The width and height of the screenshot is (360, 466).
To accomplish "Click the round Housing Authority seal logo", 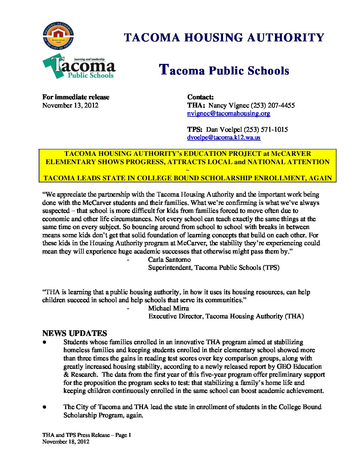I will (58, 36).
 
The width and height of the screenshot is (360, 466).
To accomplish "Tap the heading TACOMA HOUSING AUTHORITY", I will (224, 37).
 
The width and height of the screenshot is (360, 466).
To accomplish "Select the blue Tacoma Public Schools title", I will (224, 70).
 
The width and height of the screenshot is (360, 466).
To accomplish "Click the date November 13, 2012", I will (70, 105).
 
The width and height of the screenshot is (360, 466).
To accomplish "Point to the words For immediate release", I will (75, 97).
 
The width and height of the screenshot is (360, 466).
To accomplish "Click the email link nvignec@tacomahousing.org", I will (229, 114).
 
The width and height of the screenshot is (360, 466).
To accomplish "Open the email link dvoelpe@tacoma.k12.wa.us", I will (224, 137).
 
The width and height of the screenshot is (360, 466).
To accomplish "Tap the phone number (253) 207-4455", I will (273, 105).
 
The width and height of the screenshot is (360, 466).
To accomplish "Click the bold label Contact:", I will (201, 97).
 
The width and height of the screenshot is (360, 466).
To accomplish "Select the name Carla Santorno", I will (169, 259).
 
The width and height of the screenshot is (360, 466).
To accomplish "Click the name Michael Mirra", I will (169, 308).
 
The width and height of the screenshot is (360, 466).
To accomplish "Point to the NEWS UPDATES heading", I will (75, 333).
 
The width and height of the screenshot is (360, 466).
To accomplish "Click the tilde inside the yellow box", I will (188, 170).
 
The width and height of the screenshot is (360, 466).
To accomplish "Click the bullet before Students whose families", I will (44, 342).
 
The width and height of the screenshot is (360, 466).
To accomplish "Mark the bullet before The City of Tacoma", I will (44, 407).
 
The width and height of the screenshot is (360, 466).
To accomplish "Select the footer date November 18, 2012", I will (66, 442).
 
